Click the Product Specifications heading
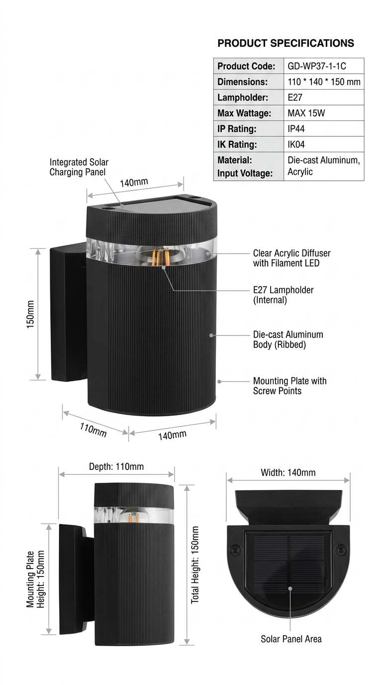pyautogui.click(x=286, y=43)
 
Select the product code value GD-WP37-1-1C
pyautogui.click(x=317, y=66)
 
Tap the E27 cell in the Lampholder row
pyautogui.click(x=295, y=98)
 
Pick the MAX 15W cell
pyautogui.click(x=306, y=113)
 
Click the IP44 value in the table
pyautogui.click(x=296, y=129)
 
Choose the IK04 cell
pyautogui.click(x=296, y=145)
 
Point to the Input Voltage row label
pyautogui.click(x=245, y=173)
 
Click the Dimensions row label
pyautogui.click(x=242, y=82)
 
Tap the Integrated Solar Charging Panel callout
pyautogui.click(x=79, y=167)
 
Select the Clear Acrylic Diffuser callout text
pyautogui.click(x=291, y=258)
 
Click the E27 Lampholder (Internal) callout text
pyautogui.click(x=283, y=295)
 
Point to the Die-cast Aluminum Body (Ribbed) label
pyautogui.click(x=288, y=340)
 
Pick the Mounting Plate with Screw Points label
pyautogui.click(x=289, y=386)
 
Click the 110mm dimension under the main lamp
pyautogui.click(x=94, y=429)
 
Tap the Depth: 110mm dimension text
pyautogui.click(x=116, y=466)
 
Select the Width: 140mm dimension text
pyautogui.click(x=288, y=472)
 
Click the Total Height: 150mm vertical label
pyautogui.click(x=195, y=565)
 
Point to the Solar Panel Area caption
pyautogui.click(x=291, y=639)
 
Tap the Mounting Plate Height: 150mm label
pyautogui.click(x=35, y=578)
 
